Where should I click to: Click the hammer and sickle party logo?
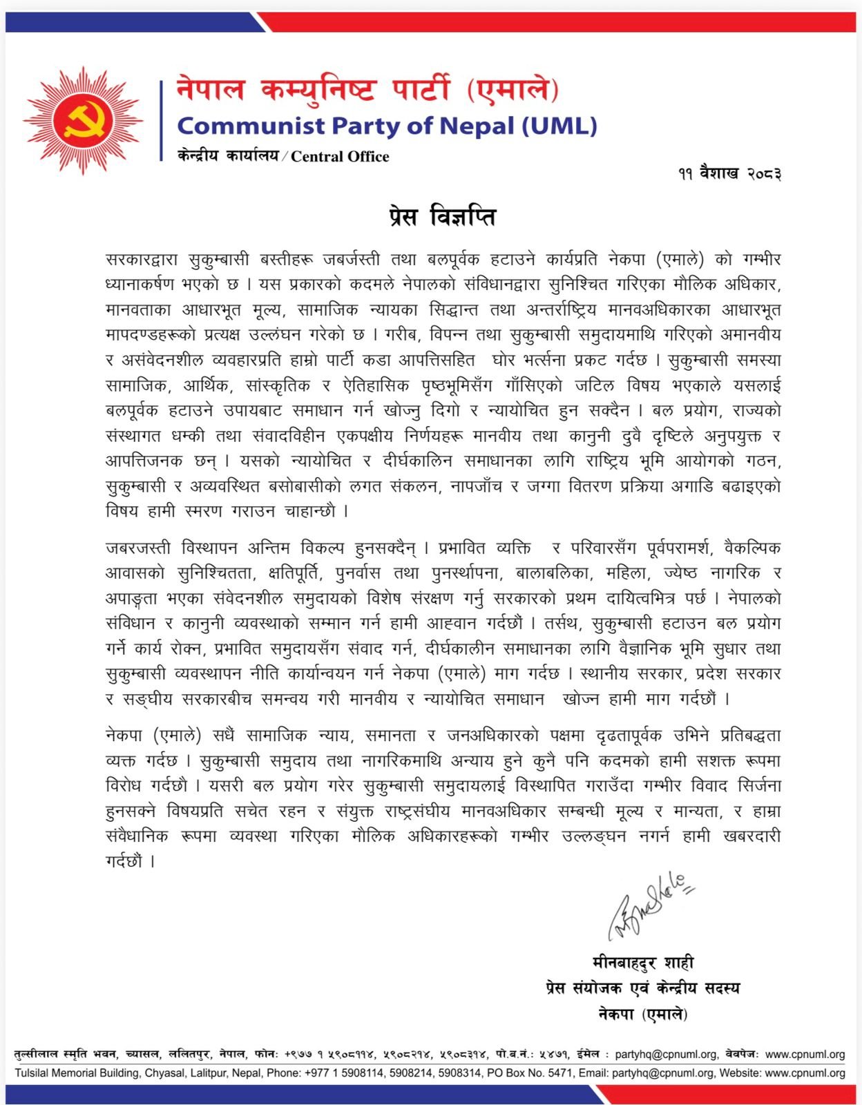[x=83, y=121]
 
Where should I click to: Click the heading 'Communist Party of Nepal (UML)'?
[x=387, y=126]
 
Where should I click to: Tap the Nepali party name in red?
[x=367, y=90]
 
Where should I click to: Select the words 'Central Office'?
[x=340, y=157]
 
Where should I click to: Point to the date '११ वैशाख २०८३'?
[x=729, y=173]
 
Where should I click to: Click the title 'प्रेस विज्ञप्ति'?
[x=440, y=217]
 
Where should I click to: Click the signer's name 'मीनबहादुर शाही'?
[x=642, y=962]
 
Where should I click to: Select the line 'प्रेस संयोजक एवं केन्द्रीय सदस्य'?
[x=642, y=988]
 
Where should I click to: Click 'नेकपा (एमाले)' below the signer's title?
[x=642, y=1014]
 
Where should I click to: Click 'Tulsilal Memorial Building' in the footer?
[x=77, y=1073]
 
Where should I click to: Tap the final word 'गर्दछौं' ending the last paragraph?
[x=124, y=861]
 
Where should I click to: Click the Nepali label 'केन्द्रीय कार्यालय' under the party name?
[x=227, y=156]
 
